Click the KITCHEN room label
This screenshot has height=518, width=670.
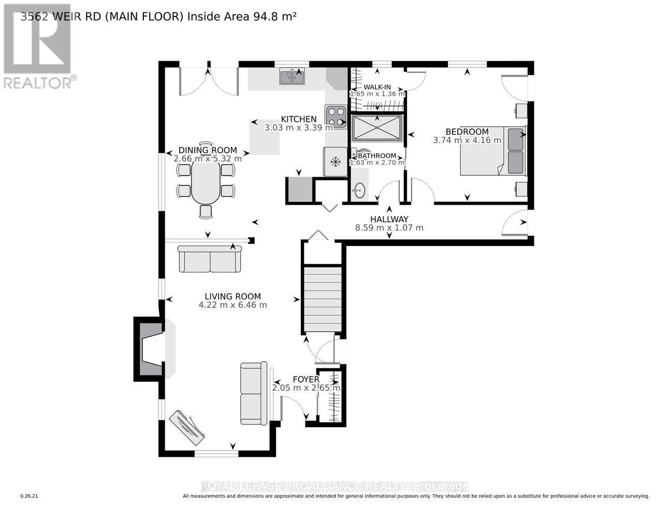tap(298, 119)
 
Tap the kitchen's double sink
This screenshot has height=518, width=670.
tap(293, 77)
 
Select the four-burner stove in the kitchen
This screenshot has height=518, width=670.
tap(336, 117)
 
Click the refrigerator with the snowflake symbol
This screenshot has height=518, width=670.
tap(335, 162)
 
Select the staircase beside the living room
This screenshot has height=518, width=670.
tap(323, 299)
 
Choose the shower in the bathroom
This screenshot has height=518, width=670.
tap(377, 128)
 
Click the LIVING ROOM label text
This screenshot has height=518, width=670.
tap(232, 297)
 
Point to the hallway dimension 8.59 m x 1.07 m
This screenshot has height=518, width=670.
tap(389, 227)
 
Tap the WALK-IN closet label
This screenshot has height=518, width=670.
tap(377, 87)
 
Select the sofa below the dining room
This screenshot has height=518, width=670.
tap(210, 259)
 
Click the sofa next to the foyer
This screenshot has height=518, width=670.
tap(254, 394)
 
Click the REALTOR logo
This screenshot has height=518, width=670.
tap(37, 47)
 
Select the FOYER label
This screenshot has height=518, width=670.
tap(306, 379)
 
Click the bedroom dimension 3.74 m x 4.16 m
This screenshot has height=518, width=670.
tap(467, 140)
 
